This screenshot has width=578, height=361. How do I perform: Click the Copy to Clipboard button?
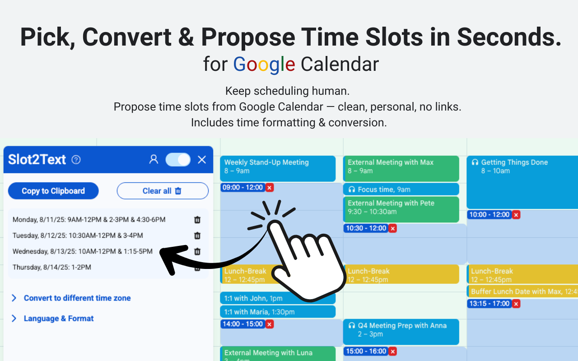(x=53, y=191)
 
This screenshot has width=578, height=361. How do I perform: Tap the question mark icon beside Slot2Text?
(x=76, y=160)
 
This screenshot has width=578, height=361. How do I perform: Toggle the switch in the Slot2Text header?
(x=178, y=159)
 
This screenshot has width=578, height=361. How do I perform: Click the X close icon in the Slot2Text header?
(x=202, y=159)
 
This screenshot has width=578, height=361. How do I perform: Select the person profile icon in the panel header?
(x=154, y=159)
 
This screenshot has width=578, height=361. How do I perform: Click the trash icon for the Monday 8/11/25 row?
(x=197, y=220)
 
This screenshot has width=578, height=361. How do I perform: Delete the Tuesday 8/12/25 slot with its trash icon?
(x=197, y=236)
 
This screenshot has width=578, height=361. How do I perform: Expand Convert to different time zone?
(x=77, y=298)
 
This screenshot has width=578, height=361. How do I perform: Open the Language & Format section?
(x=58, y=318)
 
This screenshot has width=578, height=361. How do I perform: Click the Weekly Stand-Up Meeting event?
(x=278, y=167)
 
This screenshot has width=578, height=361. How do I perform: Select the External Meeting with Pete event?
(x=401, y=207)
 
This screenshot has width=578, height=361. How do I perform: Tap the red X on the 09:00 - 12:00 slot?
(x=270, y=188)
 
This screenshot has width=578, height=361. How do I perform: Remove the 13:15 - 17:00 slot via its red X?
(x=516, y=304)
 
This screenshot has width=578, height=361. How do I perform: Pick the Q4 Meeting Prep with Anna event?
(x=401, y=330)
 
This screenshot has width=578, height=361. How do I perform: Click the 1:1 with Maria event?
(x=278, y=312)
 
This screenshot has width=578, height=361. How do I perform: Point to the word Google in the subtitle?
(x=264, y=65)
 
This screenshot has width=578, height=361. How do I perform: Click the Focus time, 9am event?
(x=401, y=190)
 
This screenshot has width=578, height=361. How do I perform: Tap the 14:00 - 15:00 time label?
(x=242, y=324)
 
